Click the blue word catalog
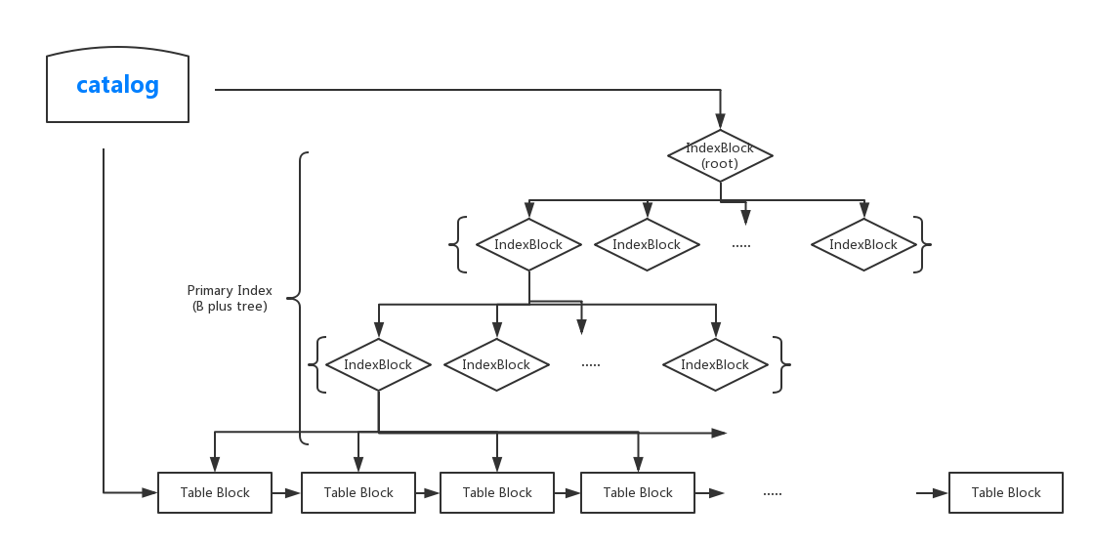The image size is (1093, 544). pos(117,85)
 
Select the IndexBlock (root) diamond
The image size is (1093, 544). pos(721,155)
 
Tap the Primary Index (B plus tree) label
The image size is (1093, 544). pos(230,298)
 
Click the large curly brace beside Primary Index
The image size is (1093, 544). pos(302,298)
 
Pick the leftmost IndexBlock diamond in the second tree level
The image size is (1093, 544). pos(528,244)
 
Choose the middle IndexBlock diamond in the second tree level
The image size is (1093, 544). pos(647,244)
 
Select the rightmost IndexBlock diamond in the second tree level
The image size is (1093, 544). pos(863,244)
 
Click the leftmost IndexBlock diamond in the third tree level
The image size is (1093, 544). pos(378,364)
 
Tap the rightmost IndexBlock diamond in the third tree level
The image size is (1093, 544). pos(715,364)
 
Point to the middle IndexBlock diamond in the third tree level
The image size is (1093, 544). pos(496,364)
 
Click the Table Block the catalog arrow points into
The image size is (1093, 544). pos(215,492)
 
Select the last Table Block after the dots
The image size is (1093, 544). pos(1006,492)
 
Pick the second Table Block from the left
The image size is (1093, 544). pos(358,492)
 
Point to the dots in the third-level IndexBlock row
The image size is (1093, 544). pos(591,365)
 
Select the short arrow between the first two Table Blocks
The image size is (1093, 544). pos(286,493)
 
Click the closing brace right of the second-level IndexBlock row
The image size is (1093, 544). pos(924,244)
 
